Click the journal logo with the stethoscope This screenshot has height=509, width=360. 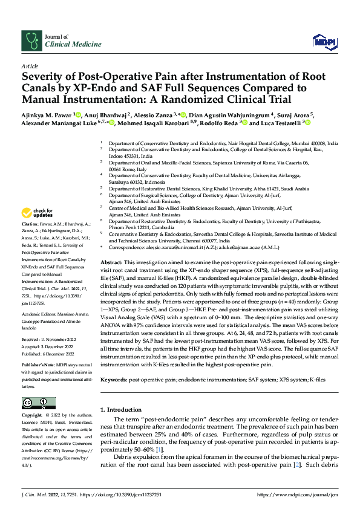31,41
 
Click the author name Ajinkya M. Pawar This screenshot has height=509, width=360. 46,114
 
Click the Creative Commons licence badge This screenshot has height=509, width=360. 35,403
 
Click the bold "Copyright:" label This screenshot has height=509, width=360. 33,416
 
